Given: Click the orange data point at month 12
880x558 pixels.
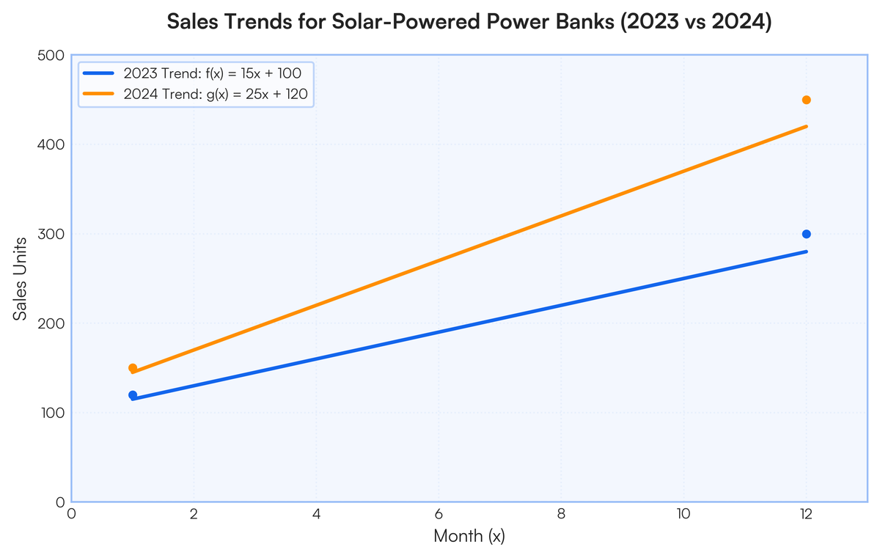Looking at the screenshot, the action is tap(806, 100).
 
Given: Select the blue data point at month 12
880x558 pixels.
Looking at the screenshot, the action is tap(806, 234).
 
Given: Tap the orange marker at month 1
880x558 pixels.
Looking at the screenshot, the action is tap(133, 368).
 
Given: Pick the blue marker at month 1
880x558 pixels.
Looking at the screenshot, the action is tap(133, 395).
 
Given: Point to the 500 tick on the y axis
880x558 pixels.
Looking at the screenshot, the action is tap(51, 56).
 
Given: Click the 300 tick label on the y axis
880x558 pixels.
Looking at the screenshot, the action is tap(51, 234).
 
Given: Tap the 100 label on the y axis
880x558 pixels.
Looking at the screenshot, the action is tap(52, 413).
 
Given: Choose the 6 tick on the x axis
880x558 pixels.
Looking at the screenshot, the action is tap(439, 514).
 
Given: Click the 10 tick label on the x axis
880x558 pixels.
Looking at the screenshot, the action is tap(683, 514).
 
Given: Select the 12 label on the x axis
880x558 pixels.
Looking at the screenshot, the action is tap(805, 514).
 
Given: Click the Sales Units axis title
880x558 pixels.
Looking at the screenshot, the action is tap(20, 279).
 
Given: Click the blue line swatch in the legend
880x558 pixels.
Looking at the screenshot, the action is tap(98, 73).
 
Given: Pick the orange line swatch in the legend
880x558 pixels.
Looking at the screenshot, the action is tap(98, 94).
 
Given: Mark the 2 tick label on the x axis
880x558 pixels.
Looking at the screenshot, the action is tap(194, 514).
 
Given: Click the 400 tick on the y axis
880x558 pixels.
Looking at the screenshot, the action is tap(51, 145).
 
